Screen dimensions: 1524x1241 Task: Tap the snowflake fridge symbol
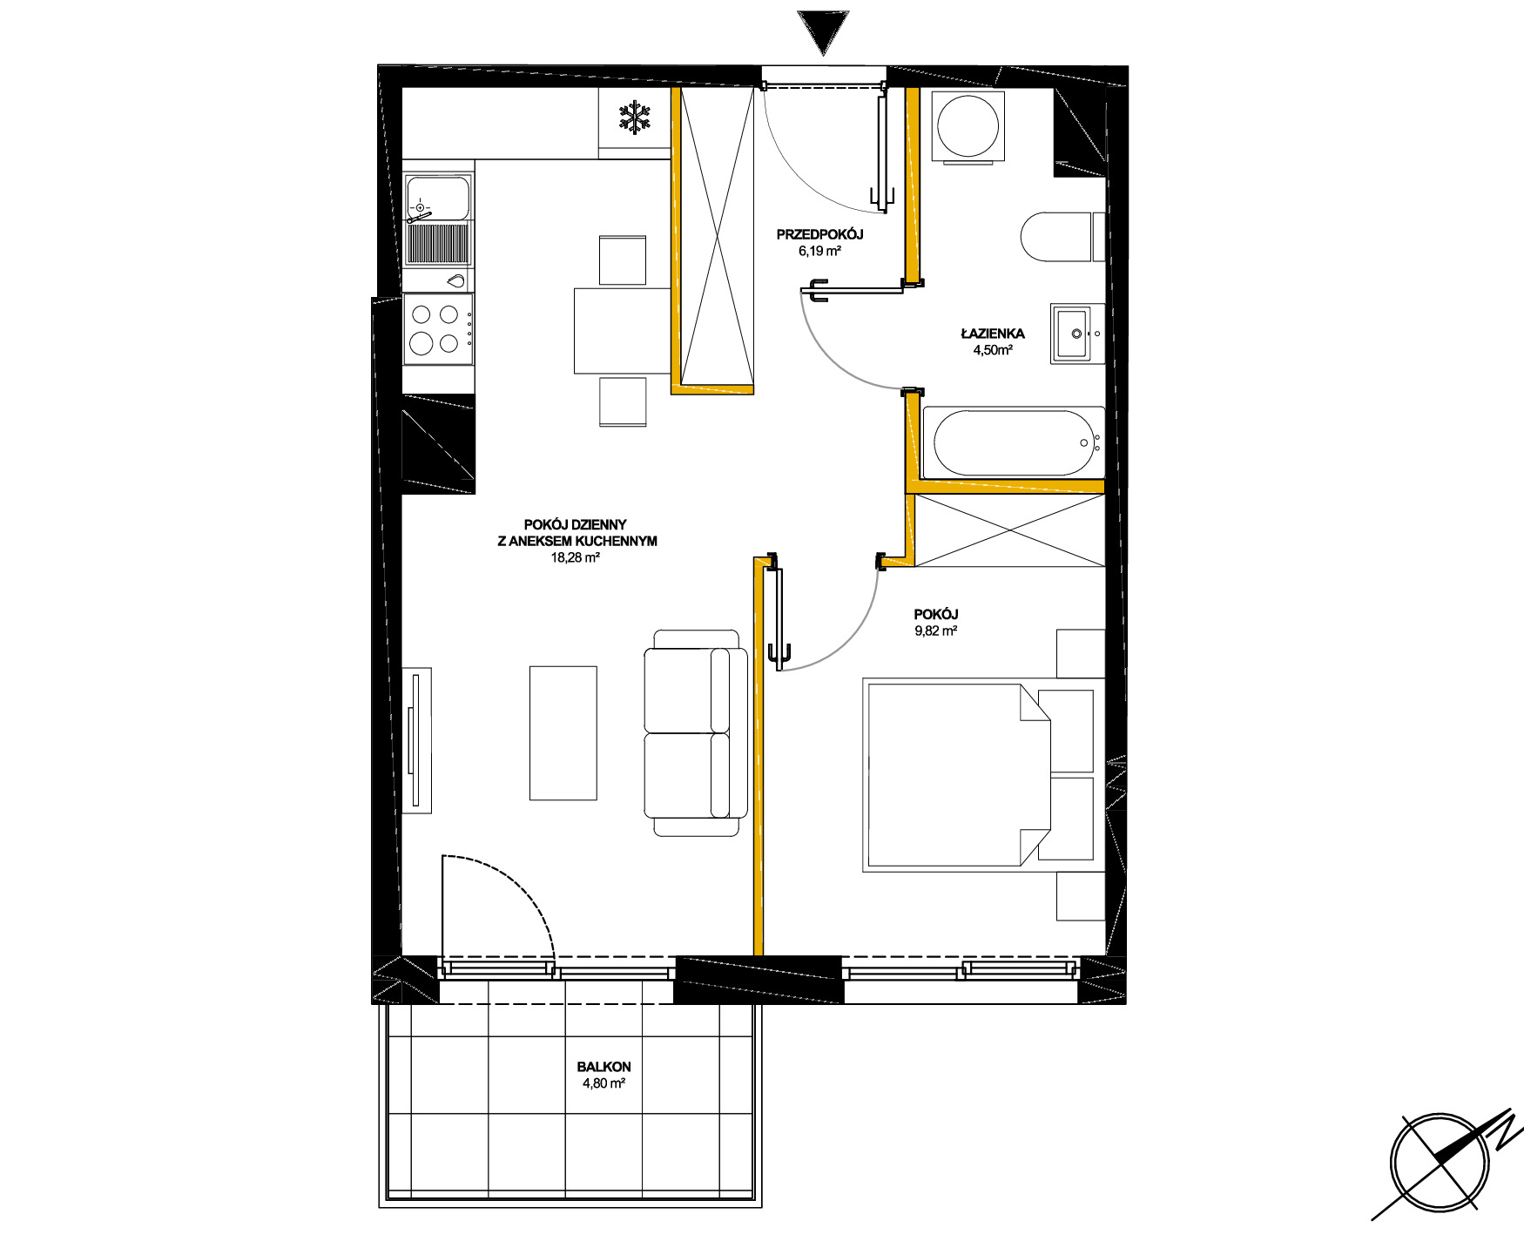click(x=635, y=118)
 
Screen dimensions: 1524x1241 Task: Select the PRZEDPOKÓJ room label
click(x=819, y=234)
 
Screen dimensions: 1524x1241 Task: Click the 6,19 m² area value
click(x=819, y=252)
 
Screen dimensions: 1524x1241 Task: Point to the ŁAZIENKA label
click(x=993, y=333)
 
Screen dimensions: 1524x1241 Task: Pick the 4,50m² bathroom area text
click(x=993, y=350)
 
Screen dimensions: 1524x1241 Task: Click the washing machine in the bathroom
click(x=968, y=126)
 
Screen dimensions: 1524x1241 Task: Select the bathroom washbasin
click(x=1077, y=334)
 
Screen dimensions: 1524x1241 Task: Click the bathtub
click(x=1014, y=442)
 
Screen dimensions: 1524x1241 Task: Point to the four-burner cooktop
click(x=438, y=329)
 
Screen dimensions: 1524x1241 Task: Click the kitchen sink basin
click(x=438, y=198)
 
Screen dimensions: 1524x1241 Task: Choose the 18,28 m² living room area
click(x=575, y=557)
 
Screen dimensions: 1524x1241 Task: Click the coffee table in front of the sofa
click(x=563, y=733)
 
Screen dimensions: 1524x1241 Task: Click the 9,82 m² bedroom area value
click(x=936, y=631)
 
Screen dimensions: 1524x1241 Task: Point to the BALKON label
click(x=604, y=1067)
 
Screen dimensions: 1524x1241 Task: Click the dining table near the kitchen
click(x=622, y=330)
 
